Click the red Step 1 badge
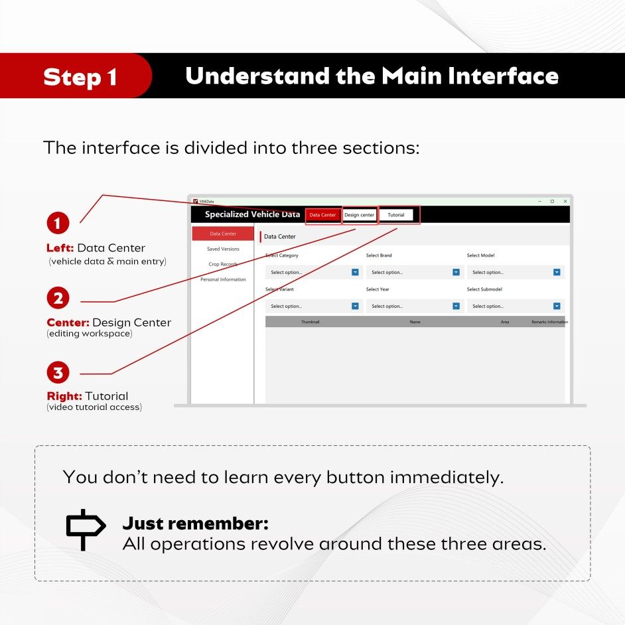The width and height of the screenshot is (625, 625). point(76,76)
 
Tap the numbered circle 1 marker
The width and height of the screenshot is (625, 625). point(58,223)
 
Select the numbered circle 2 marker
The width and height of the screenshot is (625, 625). point(58,298)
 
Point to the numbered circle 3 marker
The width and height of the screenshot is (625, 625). point(58,372)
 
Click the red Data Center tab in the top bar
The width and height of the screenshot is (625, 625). point(323,215)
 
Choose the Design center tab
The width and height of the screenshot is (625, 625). point(360,215)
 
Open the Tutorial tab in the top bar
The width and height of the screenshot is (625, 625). point(396,215)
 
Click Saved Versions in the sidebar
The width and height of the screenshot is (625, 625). point(223,249)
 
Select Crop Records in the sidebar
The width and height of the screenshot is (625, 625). point(223,264)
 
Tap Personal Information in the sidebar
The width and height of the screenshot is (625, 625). point(223,279)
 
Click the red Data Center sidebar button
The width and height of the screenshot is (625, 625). point(223,234)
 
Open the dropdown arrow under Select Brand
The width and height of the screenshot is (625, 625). point(456,272)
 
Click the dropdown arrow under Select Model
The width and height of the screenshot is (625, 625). point(557,272)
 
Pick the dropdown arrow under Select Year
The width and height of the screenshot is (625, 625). point(456,306)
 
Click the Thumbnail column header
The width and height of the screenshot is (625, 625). point(310,322)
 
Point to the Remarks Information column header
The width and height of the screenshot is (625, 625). point(549,322)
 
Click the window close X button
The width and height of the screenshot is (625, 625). point(565,201)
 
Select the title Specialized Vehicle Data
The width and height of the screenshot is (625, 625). point(252,214)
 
